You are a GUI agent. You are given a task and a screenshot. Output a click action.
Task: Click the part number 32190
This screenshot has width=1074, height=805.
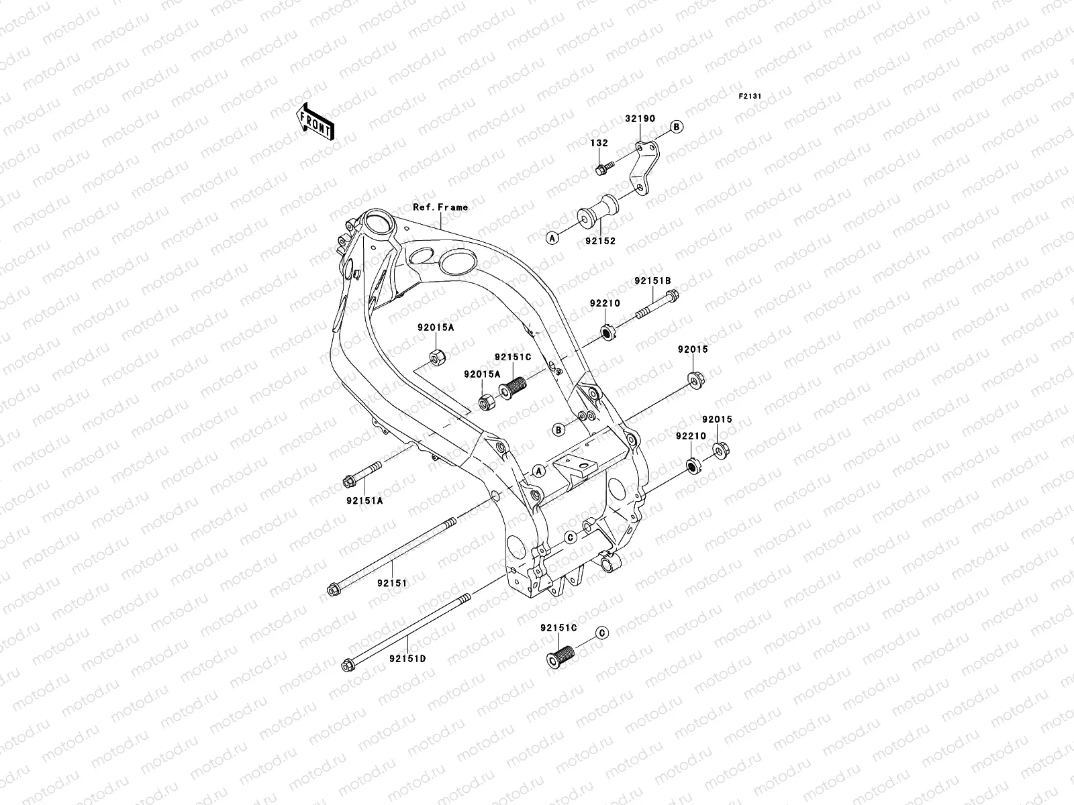640,119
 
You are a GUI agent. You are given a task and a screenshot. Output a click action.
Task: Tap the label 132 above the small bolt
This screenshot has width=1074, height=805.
599,143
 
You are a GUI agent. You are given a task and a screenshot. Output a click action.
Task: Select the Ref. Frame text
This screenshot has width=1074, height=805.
440,207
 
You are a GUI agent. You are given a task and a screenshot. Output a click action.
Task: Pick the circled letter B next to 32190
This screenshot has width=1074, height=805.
676,127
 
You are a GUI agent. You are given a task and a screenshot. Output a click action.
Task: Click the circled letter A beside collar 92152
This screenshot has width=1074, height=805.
552,237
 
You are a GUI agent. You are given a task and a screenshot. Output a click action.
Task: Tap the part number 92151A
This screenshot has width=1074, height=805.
365,500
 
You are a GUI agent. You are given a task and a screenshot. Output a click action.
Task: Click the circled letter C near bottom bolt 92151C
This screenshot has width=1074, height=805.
601,633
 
